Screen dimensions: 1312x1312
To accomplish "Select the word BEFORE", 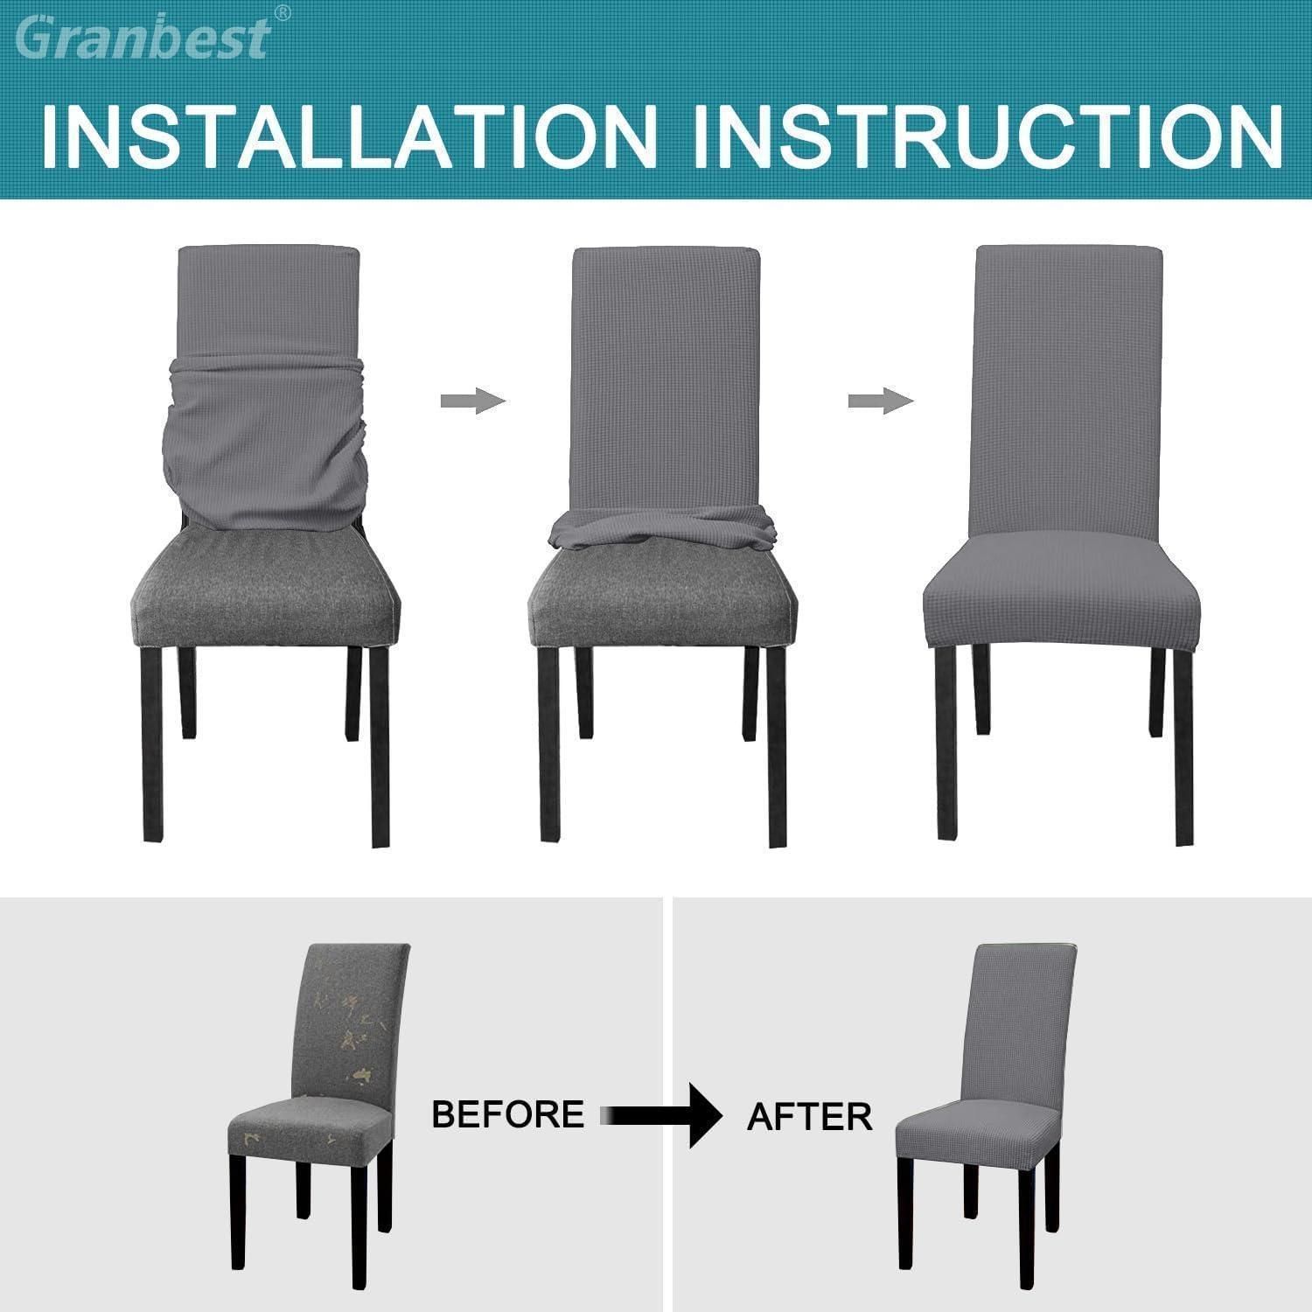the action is click(x=507, y=1114).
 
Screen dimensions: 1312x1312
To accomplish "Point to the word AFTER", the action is click(x=809, y=1116).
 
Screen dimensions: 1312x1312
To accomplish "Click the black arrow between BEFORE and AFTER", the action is click(x=665, y=1115).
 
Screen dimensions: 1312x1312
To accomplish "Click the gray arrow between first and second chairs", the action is click(x=472, y=401).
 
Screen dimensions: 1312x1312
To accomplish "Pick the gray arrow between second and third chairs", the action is click(x=881, y=401).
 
